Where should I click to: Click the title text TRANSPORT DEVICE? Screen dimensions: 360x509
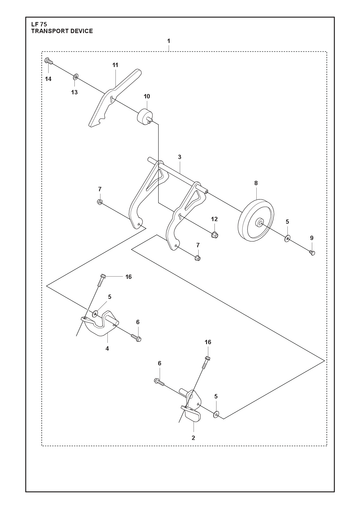tap(62, 31)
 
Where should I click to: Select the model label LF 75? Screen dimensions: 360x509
tap(39, 24)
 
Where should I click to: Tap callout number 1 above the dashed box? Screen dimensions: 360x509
tap(169, 41)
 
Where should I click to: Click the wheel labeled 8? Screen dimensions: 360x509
tap(256, 220)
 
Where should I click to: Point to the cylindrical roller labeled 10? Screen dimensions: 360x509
tap(145, 117)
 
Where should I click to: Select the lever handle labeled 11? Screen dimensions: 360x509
tap(114, 98)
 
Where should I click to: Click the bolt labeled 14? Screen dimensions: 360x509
tap(48, 61)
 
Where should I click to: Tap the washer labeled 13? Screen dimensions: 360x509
tap(76, 77)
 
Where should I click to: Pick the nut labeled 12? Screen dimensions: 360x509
tap(215, 234)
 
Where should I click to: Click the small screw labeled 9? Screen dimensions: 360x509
tap(312, 253)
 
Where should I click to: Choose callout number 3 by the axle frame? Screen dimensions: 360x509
tap(180, 157)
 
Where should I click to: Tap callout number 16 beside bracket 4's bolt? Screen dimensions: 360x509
tap(129, 277)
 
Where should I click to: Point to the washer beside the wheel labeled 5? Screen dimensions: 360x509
tap(287, 238)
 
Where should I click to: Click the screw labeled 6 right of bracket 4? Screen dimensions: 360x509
tap(136, 338)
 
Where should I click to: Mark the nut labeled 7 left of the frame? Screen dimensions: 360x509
tap(100, 202)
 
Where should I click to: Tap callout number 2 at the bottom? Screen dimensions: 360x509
tap(193, 438)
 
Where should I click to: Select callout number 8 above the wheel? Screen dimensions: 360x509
tap(256, 183)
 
